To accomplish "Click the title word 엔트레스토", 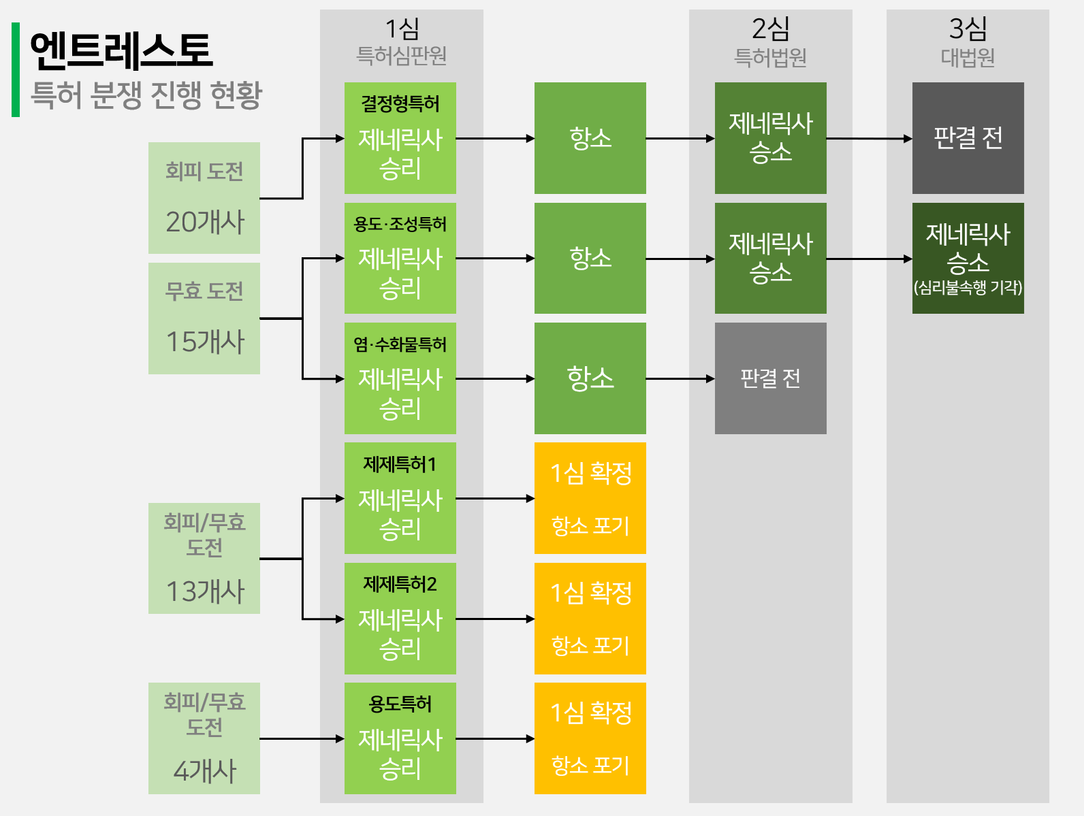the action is tap(121, 50).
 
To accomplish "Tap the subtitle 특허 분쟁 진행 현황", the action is tap(146, 95).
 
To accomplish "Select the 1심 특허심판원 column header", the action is tap(402, 42).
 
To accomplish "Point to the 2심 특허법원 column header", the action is tap(770, 42).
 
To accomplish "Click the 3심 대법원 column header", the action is tap(968, 42).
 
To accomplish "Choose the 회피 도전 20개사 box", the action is tap(204, 198).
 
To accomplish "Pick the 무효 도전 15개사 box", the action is tap(204, 319).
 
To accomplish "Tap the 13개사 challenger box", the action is tap(204, 558).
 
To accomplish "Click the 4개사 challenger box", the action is tap(204, 738).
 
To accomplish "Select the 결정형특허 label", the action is tap(400, 104).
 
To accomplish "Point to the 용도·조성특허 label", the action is tap(400, 224).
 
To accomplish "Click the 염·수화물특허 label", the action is tap(400, 344).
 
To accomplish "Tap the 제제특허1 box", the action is tap(400, 498).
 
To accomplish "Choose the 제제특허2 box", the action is tap(400, 619).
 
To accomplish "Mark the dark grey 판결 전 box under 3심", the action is tap(968, 138).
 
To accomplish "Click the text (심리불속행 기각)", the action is tap(968, 287).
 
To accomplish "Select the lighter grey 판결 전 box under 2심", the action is tap(770, 378).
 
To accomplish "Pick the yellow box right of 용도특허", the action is tap(590, 738).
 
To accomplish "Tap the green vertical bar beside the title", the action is tap(16, 69).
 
